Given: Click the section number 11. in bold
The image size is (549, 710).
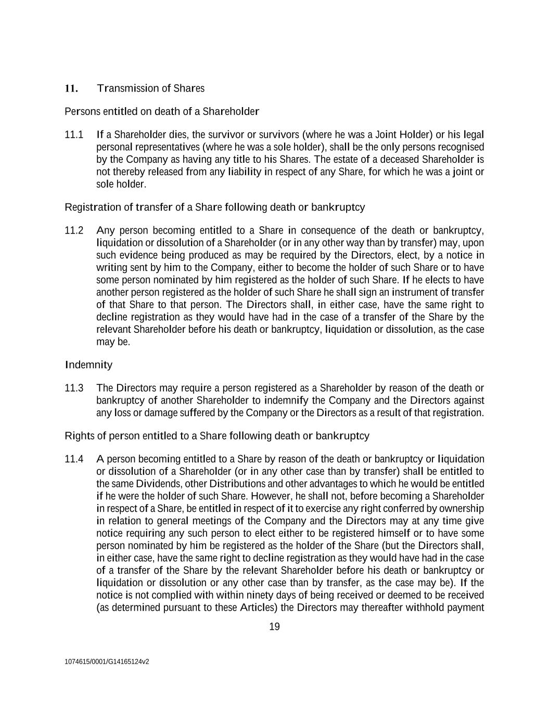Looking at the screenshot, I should pyautogui.click(x=71, y=88).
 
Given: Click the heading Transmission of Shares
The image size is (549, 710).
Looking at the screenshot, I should pyautogui.click(x=151, y=88).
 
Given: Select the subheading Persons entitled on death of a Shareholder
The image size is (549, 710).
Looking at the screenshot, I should pyautogui.click(x=162, y=111).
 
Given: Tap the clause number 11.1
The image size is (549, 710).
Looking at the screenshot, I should pyautogui.click(x=74, y=135).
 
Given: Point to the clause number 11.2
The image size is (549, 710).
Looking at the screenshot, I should pyautogui.click(x=74, y=230).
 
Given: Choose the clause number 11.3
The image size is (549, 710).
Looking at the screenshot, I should pyautogui.click(x=74, y=388).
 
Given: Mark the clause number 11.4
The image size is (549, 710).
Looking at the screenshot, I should pyautogui.click(x=74, y=459).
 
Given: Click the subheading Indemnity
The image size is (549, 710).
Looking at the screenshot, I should pyautogui.click(x=88, y=365).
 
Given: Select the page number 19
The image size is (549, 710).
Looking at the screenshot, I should pyautogui.click(x=274, y=627).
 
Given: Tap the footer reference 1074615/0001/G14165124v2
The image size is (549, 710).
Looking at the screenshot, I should pyautogui.click(x=107, y=662).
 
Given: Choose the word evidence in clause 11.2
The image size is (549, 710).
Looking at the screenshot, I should pyautogui.click(x=139, y=255).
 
